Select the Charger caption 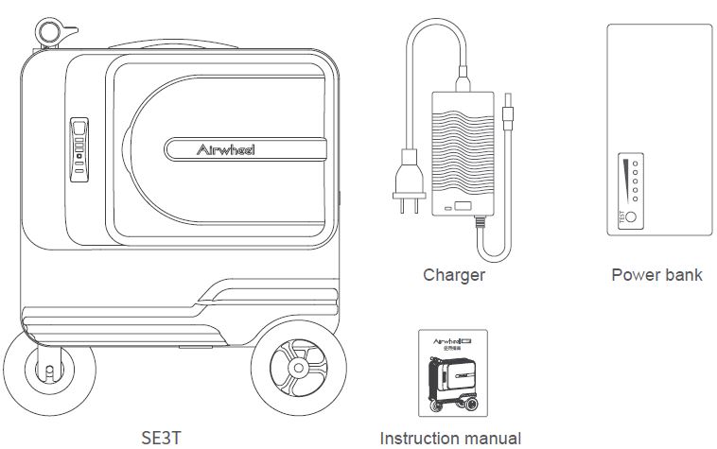tap(454, 275)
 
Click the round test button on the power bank tap(631, 217)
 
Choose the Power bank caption tap(656, 275)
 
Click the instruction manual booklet tap(452, 372)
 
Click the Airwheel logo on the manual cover tap(446, 339)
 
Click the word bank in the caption tap(683, 275)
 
